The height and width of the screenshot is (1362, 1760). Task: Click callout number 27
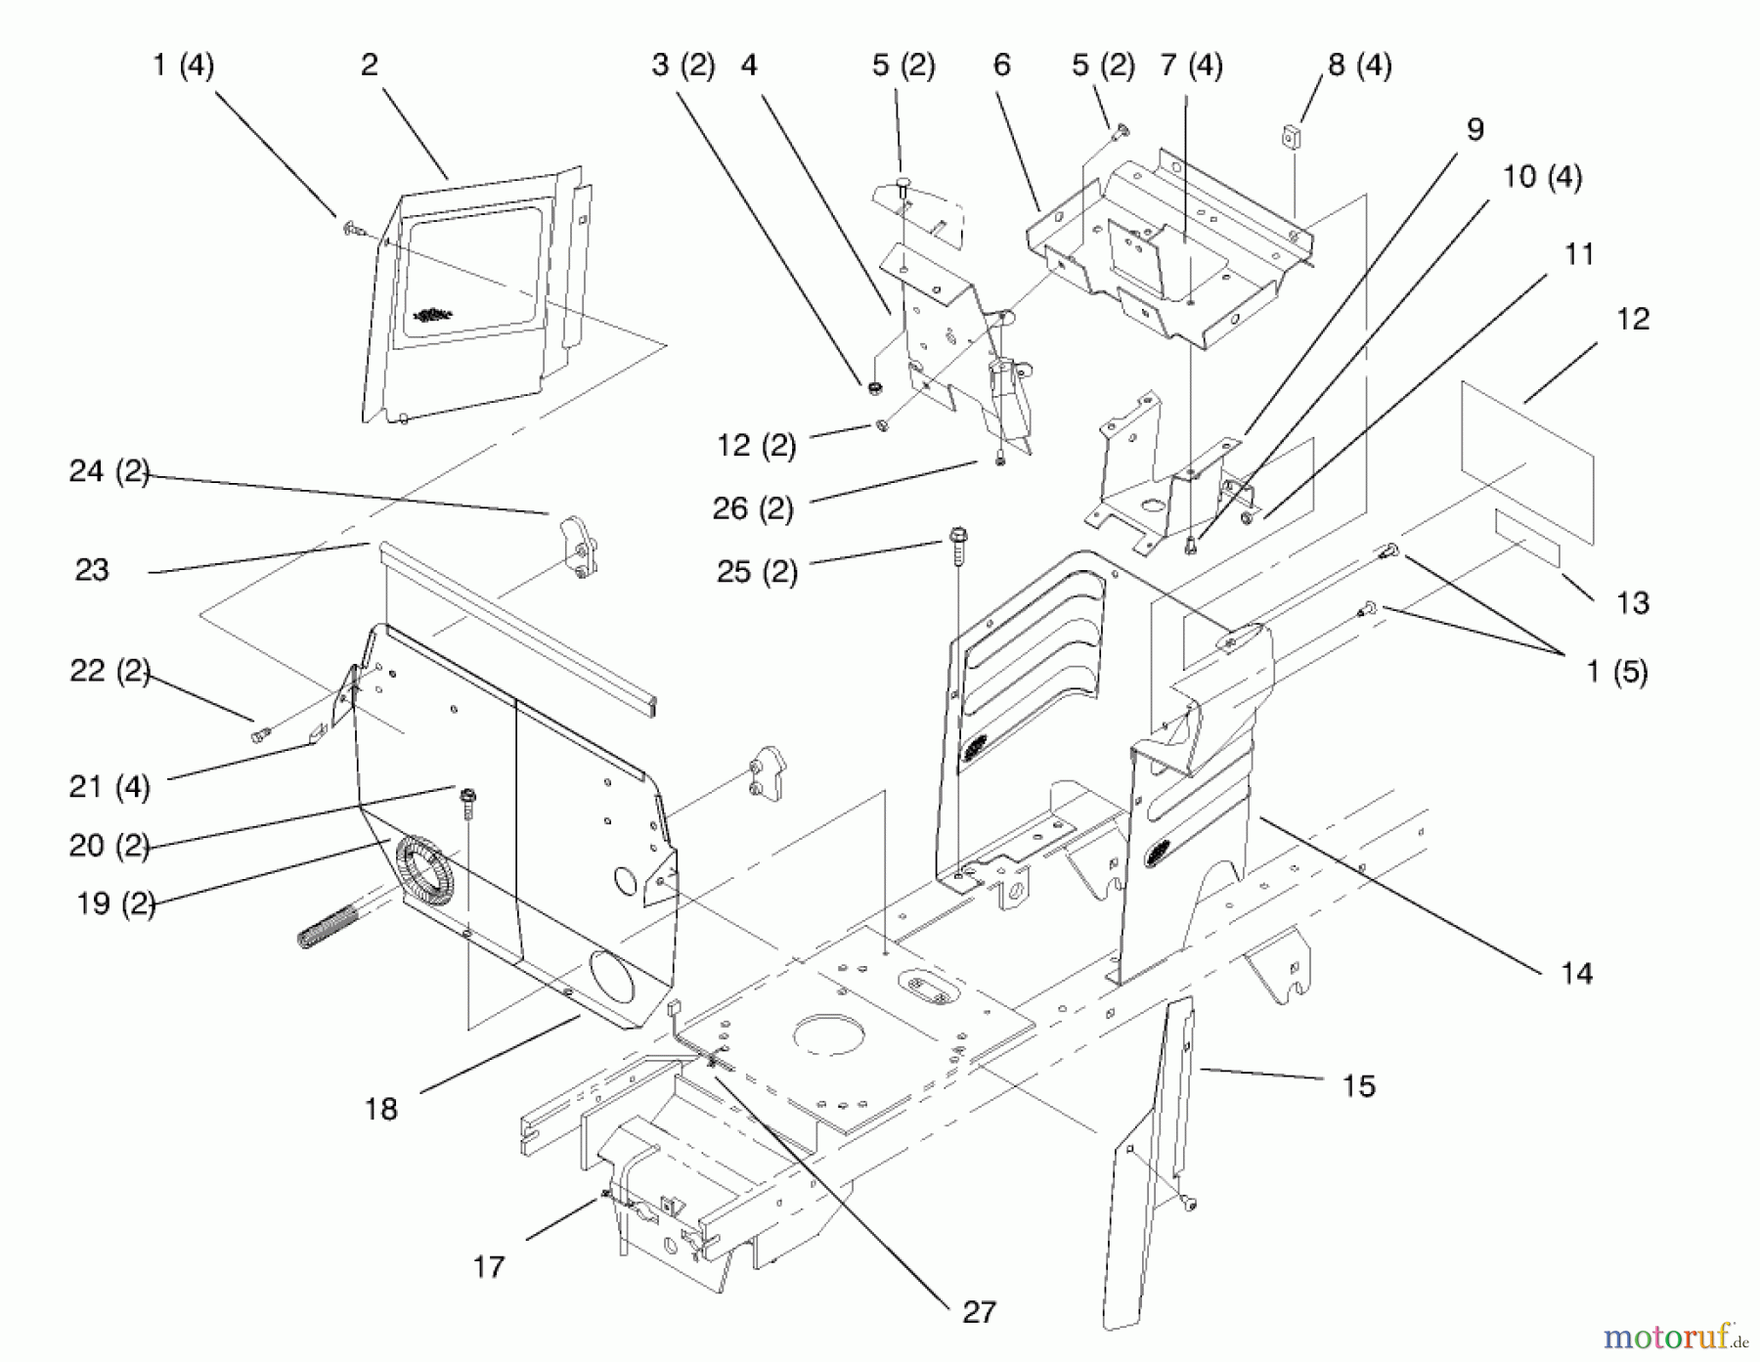tap(979, 1312)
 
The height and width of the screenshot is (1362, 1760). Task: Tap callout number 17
tap(489, 1267)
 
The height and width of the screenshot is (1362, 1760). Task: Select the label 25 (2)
tap(757, 571)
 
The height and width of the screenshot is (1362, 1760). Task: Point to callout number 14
tap(1576, 973)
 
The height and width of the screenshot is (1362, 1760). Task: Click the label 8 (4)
tap(1359, 66)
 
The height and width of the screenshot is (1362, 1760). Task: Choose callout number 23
tap(92, 570)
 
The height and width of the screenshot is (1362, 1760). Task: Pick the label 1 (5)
tap(1616, 672)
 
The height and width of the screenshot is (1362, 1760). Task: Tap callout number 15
tap(1358, 1085)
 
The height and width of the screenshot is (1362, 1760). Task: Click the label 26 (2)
tap(753, 508)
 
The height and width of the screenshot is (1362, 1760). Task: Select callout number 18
tap(381, 1109)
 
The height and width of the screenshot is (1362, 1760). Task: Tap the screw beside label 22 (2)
tap(260, 733)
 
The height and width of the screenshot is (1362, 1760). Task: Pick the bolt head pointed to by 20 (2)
tap(467, 795)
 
